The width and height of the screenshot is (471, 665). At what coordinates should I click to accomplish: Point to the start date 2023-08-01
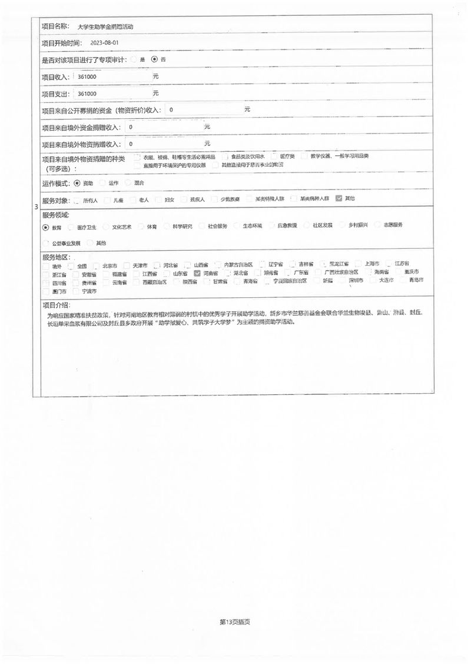(105, 43)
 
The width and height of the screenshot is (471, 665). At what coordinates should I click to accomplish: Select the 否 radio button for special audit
(154, 59)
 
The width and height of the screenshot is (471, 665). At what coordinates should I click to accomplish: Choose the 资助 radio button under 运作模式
(77, 184)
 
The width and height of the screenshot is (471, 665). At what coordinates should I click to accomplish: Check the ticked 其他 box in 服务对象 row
(339, 199)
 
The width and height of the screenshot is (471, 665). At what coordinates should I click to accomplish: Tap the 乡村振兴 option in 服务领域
(344, 225)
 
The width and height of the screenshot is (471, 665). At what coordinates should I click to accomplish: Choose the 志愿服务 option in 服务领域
(380, 225)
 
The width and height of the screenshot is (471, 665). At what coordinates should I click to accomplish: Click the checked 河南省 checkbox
(197, 274)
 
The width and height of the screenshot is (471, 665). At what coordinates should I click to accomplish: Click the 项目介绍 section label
(55, 305)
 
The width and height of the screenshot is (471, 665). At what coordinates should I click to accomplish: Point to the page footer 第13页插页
(235, 621)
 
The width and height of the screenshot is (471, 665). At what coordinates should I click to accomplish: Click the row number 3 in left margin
(37, 207)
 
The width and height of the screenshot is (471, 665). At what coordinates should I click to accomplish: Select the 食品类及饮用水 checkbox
(227, 157)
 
